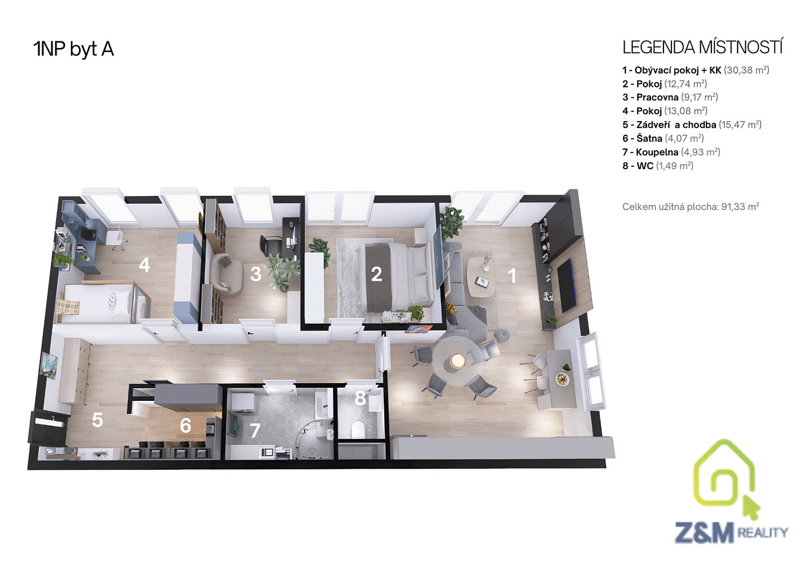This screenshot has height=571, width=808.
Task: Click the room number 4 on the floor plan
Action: [x=144, y=265]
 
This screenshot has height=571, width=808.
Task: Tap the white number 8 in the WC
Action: [x=360, y=398]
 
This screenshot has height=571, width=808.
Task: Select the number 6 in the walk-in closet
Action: [x=186, y=425]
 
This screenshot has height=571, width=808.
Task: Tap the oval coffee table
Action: [x=481, y=276]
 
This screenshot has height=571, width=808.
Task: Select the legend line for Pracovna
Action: [x=670, y=98]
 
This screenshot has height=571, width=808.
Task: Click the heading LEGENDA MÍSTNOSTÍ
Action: [x=702, y=48]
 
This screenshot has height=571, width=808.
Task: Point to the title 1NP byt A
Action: [x=74, y=49]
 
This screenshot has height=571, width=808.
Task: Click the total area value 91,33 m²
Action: [x=740, y=207]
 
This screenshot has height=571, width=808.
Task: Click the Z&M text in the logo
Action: [x=705, y=532]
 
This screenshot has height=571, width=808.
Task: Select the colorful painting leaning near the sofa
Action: [x=419, y=328]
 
